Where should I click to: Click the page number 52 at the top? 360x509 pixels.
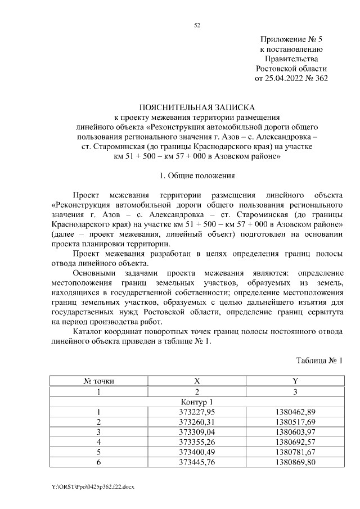click(x=197, y=25)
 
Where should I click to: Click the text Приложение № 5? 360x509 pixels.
click(x=291, y=40)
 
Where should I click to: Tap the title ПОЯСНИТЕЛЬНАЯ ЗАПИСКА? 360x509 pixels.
click(x=197, y=107)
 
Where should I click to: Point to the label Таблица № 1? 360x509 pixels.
click(x=319, y=360)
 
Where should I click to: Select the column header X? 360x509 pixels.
click(x=197, y=381)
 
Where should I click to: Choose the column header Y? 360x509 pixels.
click(x=295, y=381)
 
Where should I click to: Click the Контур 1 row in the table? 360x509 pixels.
click(x=197, y=402)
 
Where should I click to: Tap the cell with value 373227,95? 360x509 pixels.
click(x=197, y=412)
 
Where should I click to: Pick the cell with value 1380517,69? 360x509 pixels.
click(x=295, y=422)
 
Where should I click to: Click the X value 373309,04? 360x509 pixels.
click(x=197, y=433)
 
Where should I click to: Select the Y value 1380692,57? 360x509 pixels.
click(x=295, y=443)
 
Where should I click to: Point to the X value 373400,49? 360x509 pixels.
click(x=197, y=453)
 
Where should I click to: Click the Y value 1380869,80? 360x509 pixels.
click(x=295, y=463)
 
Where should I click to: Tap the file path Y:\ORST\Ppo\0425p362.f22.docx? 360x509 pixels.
click(x=93, y=485)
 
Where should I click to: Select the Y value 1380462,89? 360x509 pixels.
click(x=295, y=412)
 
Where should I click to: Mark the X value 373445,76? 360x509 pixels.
click(x=197, y=463)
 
